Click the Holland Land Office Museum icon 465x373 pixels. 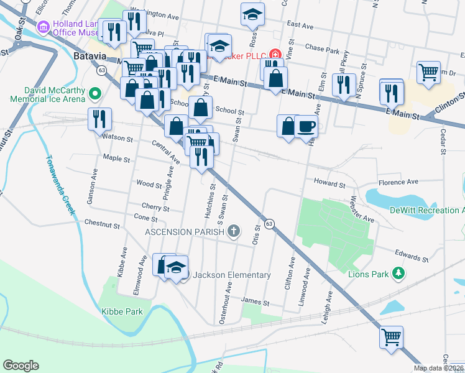click(43, 27)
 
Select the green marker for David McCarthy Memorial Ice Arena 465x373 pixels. click(94, 94)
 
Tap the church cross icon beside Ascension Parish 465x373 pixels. click(234, 232)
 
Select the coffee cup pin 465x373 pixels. click(306, 127)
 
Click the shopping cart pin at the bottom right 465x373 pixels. click(391, 338)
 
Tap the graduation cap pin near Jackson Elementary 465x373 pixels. click(177, 266)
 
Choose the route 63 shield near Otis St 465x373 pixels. click(269, 223)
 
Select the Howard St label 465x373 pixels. click(329, 185)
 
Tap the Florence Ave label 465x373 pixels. click(398, 182)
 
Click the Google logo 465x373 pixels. click(21, 365)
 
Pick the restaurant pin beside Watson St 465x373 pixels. click(99, 118)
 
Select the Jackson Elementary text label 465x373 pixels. click(231, 275)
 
